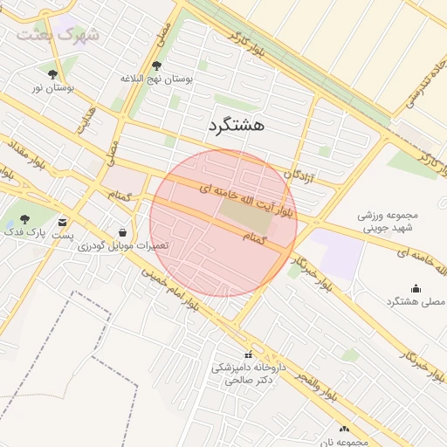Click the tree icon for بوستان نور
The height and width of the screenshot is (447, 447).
click(x=53, y=75)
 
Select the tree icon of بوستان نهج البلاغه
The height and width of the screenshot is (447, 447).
click(x=156, y=65)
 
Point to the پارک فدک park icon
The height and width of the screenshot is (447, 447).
click(x=24, y=218)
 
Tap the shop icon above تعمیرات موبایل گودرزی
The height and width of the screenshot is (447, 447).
click(x=121, y=232)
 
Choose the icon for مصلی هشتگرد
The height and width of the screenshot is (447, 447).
click(x=415, y=289)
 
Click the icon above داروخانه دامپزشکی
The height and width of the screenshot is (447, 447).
click(x=249, y=354)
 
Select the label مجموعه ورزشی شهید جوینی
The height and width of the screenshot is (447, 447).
click(x=389, y=221)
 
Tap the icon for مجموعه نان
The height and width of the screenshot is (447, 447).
click(x=343, y=429)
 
